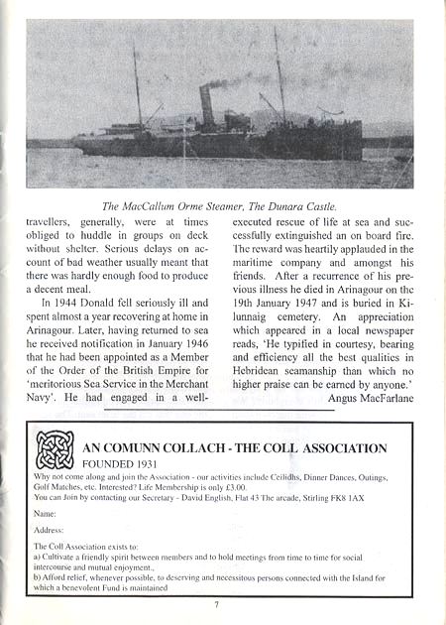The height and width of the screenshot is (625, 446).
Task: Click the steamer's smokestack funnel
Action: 207,104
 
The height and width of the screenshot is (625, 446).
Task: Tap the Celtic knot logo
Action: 55,449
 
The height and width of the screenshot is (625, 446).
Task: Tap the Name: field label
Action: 45,515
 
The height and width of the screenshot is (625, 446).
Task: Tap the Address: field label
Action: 49,531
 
